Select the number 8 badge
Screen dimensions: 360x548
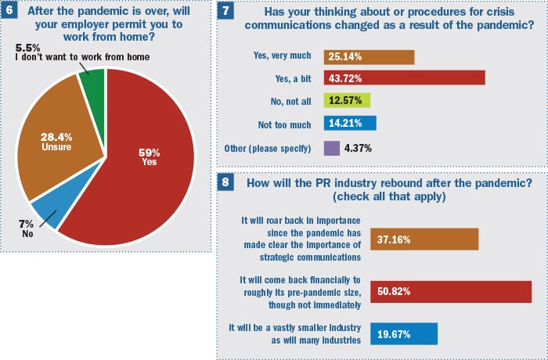(x=225, y=183)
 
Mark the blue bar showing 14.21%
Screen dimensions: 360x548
(x=349, y=123)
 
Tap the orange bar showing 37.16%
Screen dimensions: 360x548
(x=428, y=239)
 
